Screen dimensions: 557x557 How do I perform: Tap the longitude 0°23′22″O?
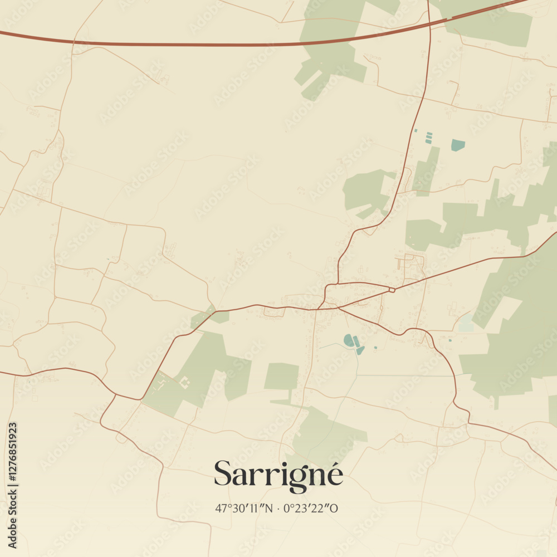[x=311, y=508]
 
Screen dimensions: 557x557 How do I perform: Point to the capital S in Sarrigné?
[x=223, y=473]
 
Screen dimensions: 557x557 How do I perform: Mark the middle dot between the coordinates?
[x=278, y=508]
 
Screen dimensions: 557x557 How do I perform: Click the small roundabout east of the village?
[x=392, y=290]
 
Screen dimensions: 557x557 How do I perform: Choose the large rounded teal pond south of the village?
[x=349, y=340]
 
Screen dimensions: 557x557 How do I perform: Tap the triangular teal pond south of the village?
[x=360, y=350]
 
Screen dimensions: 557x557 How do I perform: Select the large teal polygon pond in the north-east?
[x=458, y=145]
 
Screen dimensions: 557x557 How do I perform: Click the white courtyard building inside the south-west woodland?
[x=184, y=382]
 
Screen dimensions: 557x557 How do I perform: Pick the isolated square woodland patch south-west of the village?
[x=281, y=377]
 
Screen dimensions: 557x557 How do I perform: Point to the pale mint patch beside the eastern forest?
[x=465, y=323]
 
